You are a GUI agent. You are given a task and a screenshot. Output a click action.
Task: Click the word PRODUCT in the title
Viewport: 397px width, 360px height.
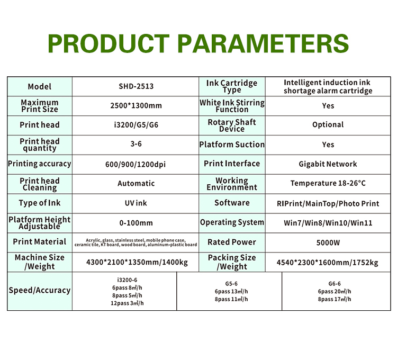point(109,43)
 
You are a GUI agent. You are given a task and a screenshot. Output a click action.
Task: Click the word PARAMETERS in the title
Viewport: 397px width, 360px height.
point(263,43)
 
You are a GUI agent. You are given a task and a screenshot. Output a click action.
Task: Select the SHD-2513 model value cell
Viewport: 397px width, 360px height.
point(136,86)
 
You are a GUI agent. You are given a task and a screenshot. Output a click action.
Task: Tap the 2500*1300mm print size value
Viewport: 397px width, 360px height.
point(136,105)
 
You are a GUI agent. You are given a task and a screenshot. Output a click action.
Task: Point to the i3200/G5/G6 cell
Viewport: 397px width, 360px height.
point(136,125)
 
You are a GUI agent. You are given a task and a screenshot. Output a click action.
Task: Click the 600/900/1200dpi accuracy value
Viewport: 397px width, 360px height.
point(136,164)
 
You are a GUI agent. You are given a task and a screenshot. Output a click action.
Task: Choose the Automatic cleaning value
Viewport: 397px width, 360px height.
point(136,183)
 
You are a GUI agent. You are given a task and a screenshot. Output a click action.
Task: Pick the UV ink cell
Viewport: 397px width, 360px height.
point(136,203)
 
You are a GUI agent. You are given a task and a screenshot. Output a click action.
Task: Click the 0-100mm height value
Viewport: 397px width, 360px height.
point(136,223)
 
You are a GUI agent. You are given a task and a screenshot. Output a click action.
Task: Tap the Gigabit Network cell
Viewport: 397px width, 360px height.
point(328,164)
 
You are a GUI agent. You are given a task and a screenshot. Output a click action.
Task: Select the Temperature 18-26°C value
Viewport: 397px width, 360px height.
point(328,183)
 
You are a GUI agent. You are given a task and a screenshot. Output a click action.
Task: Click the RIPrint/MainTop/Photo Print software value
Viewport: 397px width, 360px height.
point(328,203)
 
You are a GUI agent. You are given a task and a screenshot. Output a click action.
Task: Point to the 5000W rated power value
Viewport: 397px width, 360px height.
point(328,243)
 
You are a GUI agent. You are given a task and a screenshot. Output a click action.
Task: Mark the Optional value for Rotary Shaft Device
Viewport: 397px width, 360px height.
point(328,124)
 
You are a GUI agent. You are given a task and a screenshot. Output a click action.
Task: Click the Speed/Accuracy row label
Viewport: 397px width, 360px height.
point(40,290)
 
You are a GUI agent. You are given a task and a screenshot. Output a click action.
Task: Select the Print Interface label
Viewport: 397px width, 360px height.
point(232,164)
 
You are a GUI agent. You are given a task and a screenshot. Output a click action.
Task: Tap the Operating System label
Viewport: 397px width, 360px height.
point(232,222)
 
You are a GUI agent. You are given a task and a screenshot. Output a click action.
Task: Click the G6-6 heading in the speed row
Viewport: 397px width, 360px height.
point(335,284)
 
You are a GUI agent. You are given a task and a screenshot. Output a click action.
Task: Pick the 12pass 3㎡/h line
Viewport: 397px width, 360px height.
point(127,303)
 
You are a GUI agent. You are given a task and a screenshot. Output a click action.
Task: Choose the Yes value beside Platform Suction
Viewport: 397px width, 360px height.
point(328,145)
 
